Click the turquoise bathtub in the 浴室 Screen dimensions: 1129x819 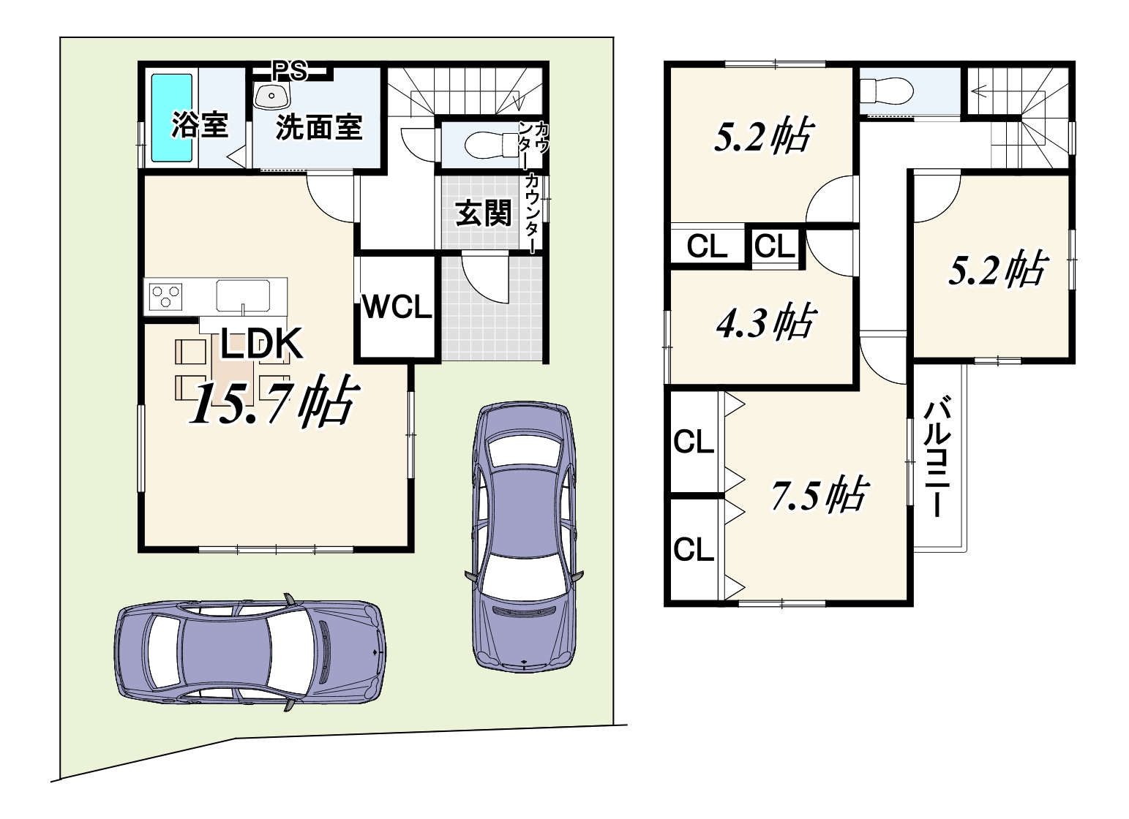click(x=172, y=118)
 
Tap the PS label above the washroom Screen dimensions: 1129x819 click(x=290, y=71)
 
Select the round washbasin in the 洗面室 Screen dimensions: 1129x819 click(x=271, y=96)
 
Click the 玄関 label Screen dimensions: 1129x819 click(x=484, y=213)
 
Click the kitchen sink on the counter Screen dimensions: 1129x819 click(x=244, y=295)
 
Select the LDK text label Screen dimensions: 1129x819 click(x=261, y=344)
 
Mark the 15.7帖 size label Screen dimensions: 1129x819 click(x=274, y=404)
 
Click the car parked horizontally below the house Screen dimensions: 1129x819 click(x=250, y=653)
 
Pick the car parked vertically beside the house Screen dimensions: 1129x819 click(x=524, y=537)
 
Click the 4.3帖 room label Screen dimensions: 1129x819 click(x=765, y=322)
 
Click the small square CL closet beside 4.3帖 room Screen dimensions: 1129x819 click(x=775, y=247)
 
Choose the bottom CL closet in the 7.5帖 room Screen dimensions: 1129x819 click(x=694, y=549)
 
